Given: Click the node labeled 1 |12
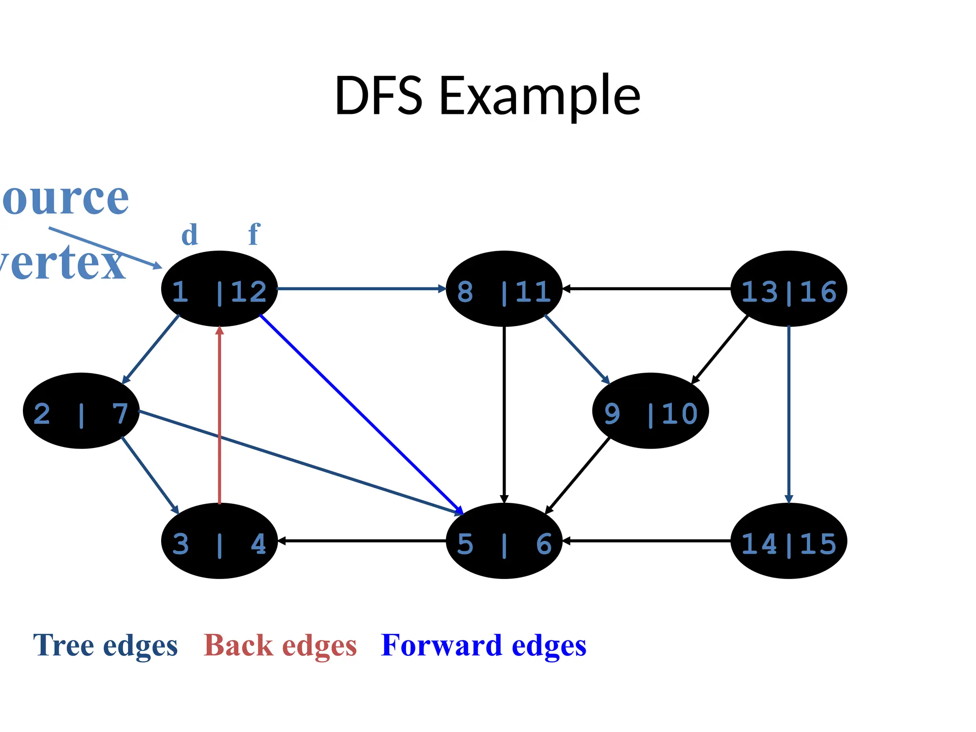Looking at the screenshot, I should pos(219,289).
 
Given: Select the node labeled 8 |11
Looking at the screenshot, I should pos(504,289).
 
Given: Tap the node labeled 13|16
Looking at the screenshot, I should pos(789,289).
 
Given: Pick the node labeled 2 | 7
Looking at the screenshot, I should pos(81,411).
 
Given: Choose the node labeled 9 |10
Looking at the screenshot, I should pos(651,411).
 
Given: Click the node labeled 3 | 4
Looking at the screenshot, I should pos(219,541).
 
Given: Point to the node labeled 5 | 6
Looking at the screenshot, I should pos(504,541).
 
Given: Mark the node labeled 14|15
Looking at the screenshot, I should pos(789,541).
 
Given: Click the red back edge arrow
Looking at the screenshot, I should pos(219,415).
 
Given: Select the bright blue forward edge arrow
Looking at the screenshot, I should pos(362,415).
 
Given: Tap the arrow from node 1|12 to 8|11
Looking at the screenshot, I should pos(361,289).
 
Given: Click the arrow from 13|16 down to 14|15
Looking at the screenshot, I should pos(789,415).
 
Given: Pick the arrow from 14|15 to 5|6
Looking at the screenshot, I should pos(647,541).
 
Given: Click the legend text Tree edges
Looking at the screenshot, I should pos(105,646).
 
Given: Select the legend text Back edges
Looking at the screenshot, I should pos(280,646).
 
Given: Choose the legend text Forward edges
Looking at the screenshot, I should pos(484,646).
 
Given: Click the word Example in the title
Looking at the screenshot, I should pos(539,96).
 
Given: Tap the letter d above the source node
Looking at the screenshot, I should pos(190,235).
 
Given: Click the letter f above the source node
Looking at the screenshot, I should pos(254,234).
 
